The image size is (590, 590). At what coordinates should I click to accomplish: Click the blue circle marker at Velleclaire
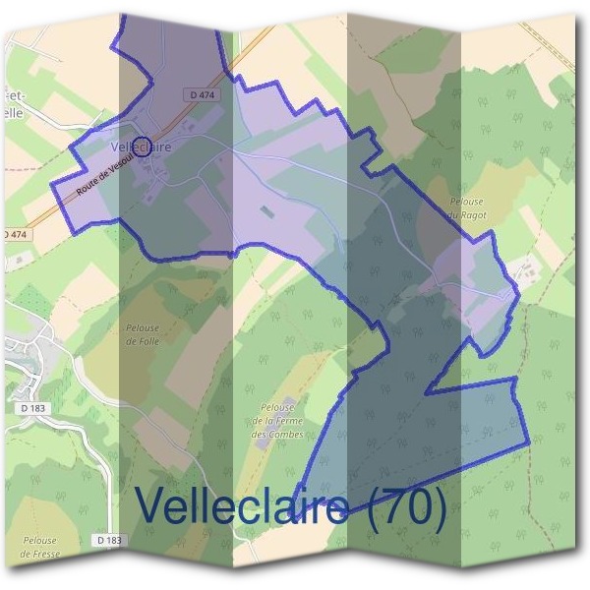point(141,147)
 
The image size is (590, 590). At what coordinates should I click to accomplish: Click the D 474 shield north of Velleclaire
point(201,94)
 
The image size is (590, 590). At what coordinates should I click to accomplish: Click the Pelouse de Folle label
point(143,335)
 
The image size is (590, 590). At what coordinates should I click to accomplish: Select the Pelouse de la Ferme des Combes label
point(274,421)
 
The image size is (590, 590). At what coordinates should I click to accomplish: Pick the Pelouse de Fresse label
point(39,547)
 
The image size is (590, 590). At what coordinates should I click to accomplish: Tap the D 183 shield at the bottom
point(109,540)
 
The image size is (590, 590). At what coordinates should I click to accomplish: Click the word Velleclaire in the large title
point(240,507)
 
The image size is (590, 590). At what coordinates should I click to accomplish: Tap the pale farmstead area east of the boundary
point(522,267)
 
